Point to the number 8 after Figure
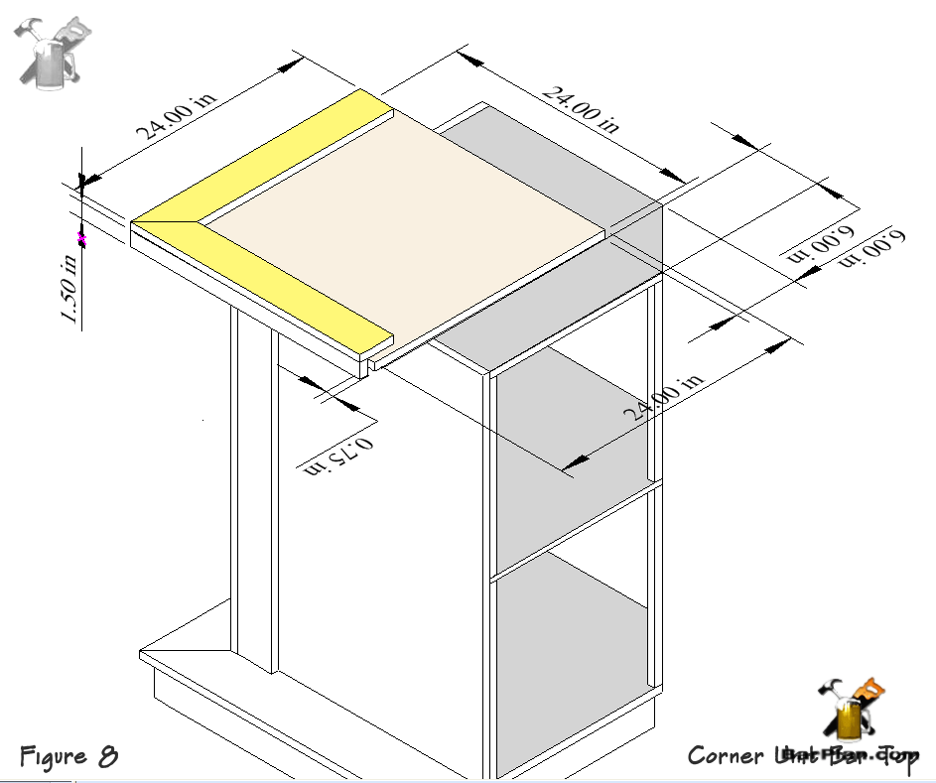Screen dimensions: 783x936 107,756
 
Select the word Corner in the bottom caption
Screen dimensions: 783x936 725,756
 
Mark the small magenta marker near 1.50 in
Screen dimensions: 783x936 82,238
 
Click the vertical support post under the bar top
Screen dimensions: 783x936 253,496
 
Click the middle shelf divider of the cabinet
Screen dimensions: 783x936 576,530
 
